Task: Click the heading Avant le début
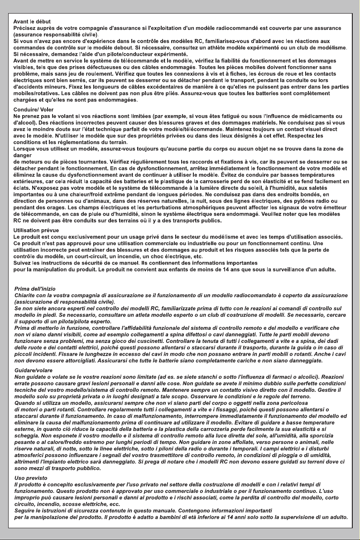click(32, 21)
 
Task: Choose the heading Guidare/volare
click(34, 371)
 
